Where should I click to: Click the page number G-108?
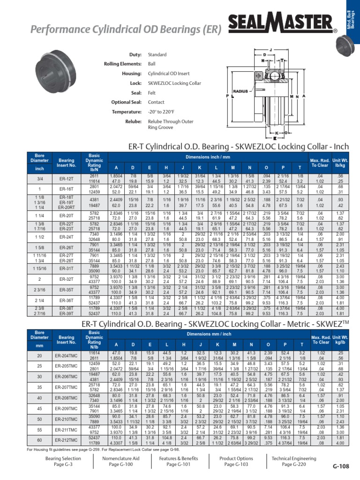pos(341,466)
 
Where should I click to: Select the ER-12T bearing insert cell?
pos(67,179)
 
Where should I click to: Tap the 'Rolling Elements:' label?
pos(123,64)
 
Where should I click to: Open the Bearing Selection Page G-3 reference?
pos(63,461)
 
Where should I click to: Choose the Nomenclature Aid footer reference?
pos(120,461)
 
